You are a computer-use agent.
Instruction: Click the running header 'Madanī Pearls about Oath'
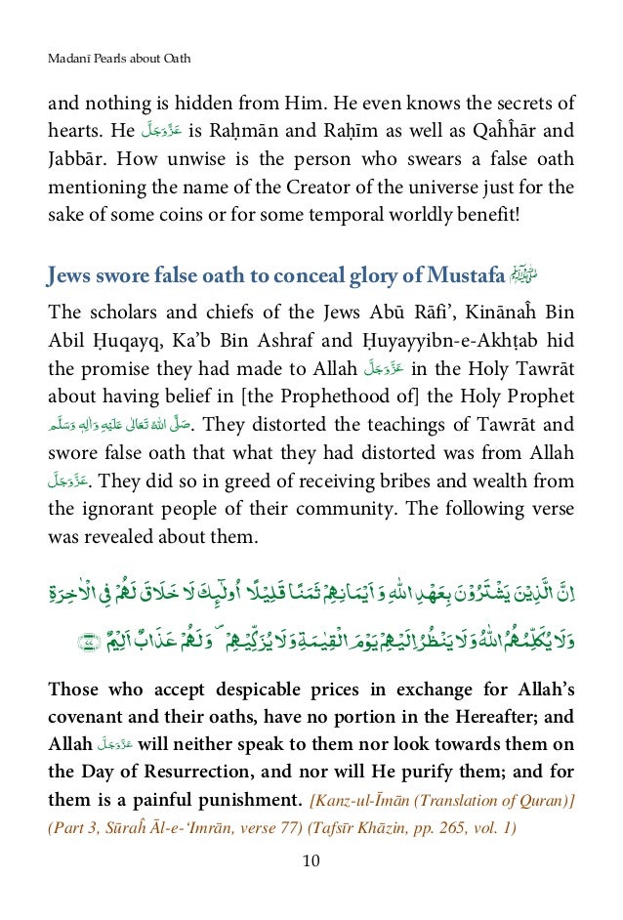click(119, 60)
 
